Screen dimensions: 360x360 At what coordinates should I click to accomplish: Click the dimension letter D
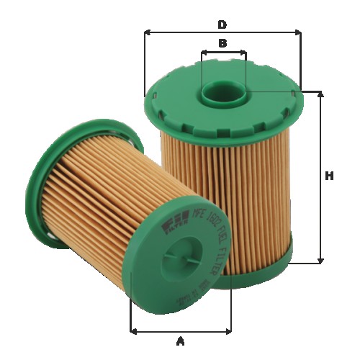tap(222, 24)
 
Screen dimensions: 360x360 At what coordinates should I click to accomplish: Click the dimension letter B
tap(222, 43)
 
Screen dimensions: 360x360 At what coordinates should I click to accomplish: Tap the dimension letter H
tap(330, 176)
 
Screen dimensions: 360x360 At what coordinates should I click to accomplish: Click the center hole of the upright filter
tap(222, 92)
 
